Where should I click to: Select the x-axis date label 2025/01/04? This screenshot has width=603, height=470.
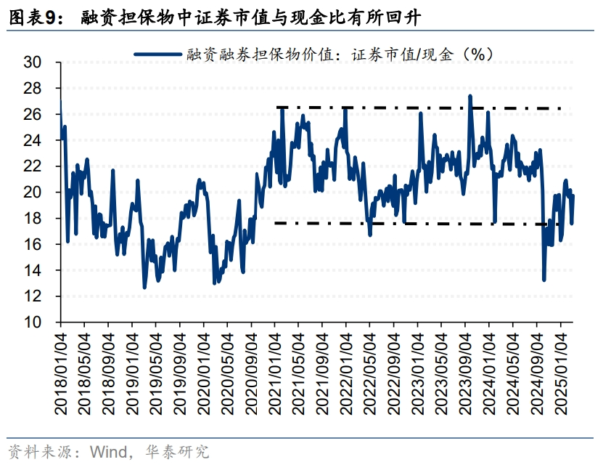561,374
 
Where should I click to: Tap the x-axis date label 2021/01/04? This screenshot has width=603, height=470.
275,374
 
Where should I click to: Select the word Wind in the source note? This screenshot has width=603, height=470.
107,452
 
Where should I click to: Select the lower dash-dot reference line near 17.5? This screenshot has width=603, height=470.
435,224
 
